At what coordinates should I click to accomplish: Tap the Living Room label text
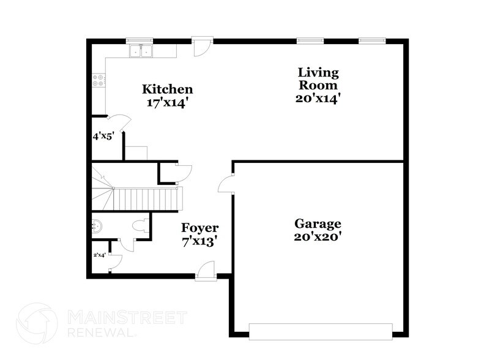pyautogui.click(x=318, y=79)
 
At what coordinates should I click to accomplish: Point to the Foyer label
pyautogui.click(x=199, y=228)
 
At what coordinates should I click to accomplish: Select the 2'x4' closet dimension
pyautogui.click(x=99, y=254)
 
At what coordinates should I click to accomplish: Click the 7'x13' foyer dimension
pyautogui.click(x=199, y=241)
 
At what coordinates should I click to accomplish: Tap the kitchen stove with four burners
pyautogui.click(x=98, y=80)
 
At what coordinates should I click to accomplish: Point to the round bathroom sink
pyautogui.click(x=97, y=226)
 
